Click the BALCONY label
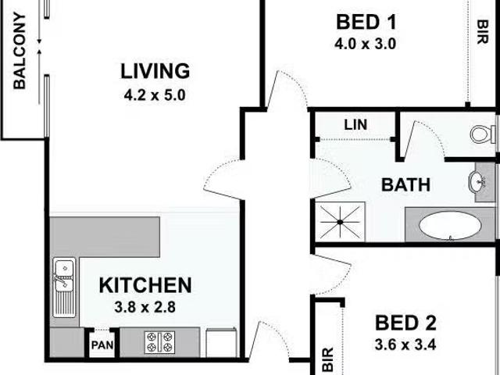[x=19, y=51]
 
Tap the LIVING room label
[x=155, y=71]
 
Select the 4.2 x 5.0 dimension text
[x=155, y=95]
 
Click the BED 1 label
[x=366, y=23]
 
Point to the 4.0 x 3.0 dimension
[x=366, y=44]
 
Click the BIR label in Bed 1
[x=483, y=32]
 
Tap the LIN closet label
[x=355, y=125]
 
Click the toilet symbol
[x=483, y=134]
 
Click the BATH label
[x=405, y=185]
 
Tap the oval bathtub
[x=450, y=225]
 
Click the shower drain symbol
[x=341, y=222]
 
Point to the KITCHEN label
[x=145, y=285]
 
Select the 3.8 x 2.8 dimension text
[x=145, y=307]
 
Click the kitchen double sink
[x=64, y=287]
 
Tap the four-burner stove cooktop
[x=159, y=342]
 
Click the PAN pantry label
[x=102, y=345]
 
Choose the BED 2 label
[x=405, y=323]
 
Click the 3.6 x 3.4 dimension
[x=405, y=345]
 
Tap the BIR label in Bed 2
[x=328, y=359]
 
